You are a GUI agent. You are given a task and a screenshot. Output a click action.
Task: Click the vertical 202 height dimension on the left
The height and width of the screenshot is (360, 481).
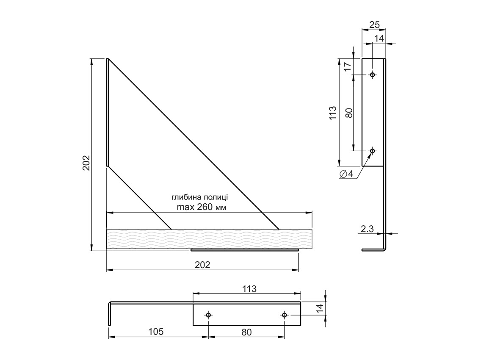(86, 161)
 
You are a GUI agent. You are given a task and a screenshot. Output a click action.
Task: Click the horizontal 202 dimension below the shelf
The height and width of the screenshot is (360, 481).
(202, 265)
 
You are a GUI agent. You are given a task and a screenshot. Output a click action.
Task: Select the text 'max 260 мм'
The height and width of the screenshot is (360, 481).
(201, 208)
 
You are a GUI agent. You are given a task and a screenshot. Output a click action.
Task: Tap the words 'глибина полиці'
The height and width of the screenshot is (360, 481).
(200, 197)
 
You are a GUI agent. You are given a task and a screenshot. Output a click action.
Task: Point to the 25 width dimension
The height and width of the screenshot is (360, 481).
(374, 25)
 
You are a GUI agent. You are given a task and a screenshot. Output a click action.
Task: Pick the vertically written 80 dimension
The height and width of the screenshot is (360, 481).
(349, 113)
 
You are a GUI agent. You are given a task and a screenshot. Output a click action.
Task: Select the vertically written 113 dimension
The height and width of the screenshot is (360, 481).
(332, 113)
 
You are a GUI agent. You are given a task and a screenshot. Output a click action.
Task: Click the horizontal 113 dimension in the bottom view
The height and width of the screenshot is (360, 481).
(249, 289)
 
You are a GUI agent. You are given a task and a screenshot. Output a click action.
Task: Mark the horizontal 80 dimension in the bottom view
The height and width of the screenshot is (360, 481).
(246, 332)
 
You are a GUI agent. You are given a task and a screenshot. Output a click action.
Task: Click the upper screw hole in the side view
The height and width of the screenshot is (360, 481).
(373, 75)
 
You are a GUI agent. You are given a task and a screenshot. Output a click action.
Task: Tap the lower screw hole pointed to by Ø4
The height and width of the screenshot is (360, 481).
(373, 151)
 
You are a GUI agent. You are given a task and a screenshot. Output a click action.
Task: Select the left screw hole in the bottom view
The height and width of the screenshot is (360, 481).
(208, 315)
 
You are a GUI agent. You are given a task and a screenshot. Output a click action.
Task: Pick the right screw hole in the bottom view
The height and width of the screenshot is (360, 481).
(284, 315)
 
